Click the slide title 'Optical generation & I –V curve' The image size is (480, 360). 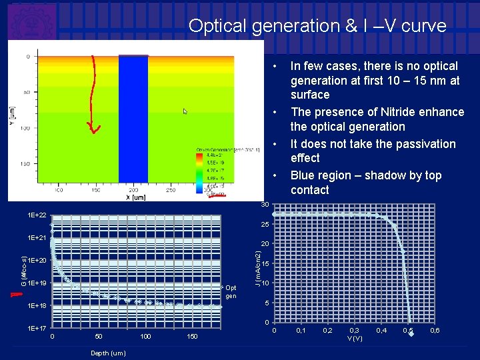point(317,26)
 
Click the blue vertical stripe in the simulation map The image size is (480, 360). point(133,123)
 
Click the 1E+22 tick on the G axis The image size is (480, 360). point(37,215)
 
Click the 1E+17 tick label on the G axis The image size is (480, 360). point(37,329)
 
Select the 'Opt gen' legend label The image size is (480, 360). point(231,292)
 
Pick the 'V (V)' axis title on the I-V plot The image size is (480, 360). point(355,339)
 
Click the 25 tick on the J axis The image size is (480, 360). point(265,224)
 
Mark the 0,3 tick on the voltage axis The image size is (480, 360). point(355,331)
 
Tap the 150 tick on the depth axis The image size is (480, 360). point(192,337)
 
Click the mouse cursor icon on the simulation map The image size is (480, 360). point(186,111)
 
